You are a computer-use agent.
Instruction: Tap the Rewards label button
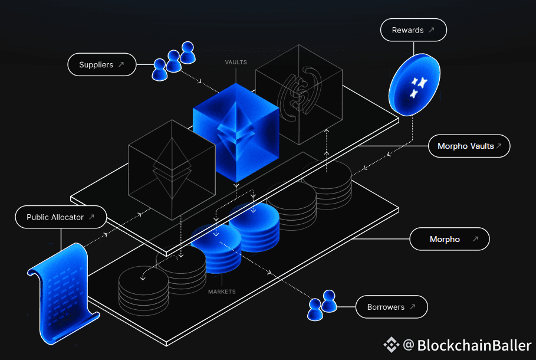(413, 30)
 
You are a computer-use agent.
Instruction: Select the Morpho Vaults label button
(469, 146)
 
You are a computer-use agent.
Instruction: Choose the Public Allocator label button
(61, 217)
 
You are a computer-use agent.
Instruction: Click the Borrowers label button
(392, 307)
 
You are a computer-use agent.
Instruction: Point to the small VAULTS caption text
(236, 62)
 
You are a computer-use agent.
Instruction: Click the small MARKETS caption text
(222, 292)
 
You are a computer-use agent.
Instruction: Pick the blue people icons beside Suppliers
(173, 61)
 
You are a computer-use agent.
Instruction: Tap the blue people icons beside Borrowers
(322, 305)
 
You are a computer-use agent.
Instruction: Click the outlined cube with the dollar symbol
(299, 94)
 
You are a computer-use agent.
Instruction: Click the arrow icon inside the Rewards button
(432, 30)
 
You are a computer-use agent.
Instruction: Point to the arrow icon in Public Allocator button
(91, 217)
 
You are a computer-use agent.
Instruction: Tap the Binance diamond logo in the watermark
(392, 345)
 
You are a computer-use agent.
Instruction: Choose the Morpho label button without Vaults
(450, 240)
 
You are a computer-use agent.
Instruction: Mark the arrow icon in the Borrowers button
(412, 307)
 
